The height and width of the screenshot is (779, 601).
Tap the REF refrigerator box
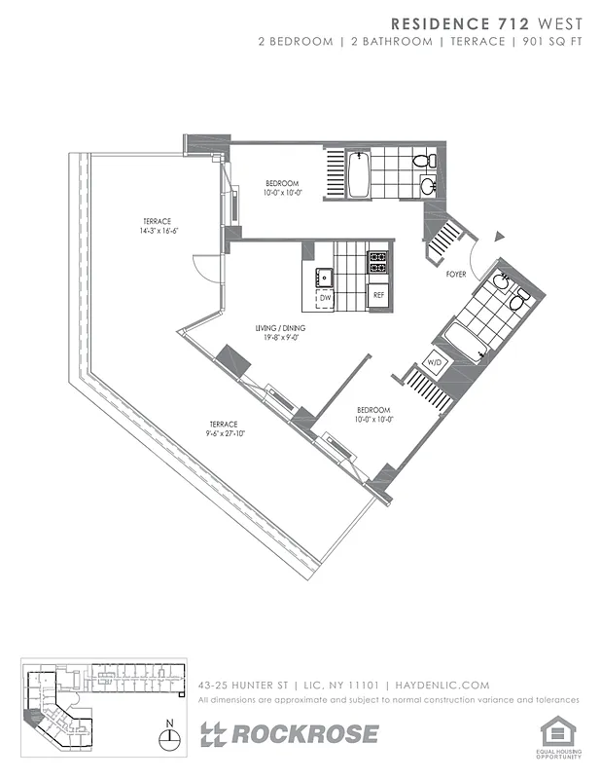pyautogui.click(x=377, y=293)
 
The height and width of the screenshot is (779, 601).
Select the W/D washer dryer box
pyautogui.click(x=435, y=363)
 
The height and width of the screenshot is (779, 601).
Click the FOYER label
pyautogui.click(x=456, y=275)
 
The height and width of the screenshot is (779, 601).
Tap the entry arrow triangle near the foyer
pyautogui.click(x=500, y=236)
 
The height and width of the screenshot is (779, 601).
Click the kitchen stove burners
pyautogui.click(x=377, y=261)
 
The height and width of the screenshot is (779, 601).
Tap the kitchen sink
pyautogui.click(x=324, y=276)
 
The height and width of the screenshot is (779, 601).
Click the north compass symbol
pyautogui.click(x=170, y=736)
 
